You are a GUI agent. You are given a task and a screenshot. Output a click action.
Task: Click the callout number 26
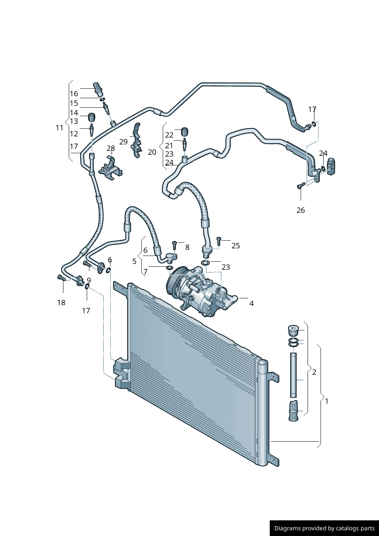[x=301, y=210]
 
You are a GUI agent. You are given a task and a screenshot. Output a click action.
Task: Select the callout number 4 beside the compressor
[x=251, y=303]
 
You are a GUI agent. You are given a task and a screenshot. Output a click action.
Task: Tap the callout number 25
[x=236, y=246]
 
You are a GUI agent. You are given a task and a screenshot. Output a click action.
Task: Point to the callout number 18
[x=61, y=303]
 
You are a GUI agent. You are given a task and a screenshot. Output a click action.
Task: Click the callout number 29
[x=123, y=142]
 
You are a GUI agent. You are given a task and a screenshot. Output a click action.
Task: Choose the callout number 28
[x=111, y=148]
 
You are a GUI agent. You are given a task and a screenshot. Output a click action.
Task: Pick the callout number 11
[x=59, y=128]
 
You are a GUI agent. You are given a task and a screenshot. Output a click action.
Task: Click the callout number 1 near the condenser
[x=327, y=401]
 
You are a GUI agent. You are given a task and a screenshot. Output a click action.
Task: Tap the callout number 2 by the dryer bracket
[x=314, y=372]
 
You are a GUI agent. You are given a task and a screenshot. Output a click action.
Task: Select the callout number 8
[x=187, y=247]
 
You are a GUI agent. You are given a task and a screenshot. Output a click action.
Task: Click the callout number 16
[x=74, y=94]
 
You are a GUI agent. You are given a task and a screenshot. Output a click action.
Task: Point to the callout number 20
[x=152, y=152]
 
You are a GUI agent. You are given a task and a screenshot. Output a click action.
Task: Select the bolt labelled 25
[x=219, y=241]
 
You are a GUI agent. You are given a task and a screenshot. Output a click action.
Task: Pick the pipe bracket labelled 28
[x=110, y=168]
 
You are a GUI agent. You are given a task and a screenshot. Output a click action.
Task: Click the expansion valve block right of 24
[x=331, y=166]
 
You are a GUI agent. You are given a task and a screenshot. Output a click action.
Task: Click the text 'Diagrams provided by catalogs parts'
[x=324, y=528]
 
